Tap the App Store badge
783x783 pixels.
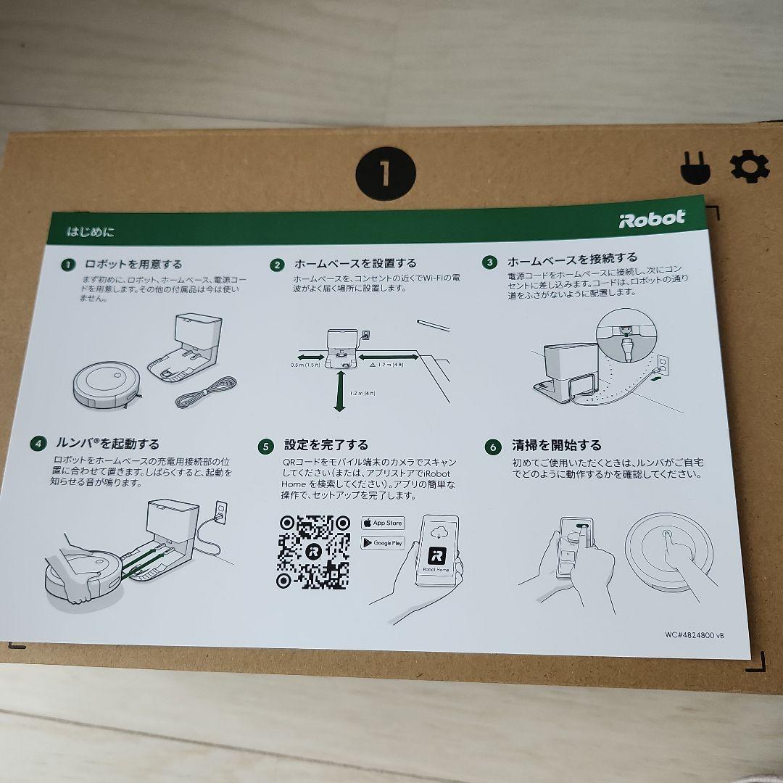point(383,523)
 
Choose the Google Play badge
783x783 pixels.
point(383,542)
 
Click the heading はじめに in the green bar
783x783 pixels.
point(91,232)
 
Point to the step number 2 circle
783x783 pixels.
point(277,265)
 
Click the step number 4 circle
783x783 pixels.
point(38,443)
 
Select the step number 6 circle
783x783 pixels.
point(494,447)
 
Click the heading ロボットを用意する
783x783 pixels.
point(133,265)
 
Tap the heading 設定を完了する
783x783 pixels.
point(326,444)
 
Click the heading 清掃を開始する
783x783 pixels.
point(556,445)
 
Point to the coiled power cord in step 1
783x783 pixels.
point(207,392)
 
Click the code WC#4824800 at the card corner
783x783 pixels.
point(694,634)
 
